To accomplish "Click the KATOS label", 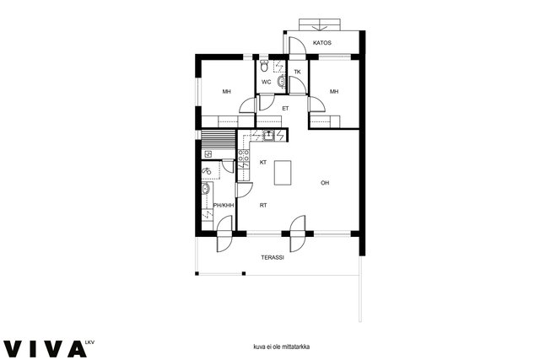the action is point(322,43).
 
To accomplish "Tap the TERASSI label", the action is point(273,257).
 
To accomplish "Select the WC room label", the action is point(267,83).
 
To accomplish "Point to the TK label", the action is point(297,72).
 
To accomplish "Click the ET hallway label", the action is point(285,109).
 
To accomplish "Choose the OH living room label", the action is point(325,183).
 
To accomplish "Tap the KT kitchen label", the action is point(263,163).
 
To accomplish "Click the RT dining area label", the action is point(263,206).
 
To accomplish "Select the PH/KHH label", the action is point(224,206).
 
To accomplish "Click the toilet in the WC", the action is point(264,66).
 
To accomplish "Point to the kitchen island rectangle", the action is point(283,173).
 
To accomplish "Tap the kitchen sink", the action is point(268,135).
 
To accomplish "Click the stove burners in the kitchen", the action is point(244,155).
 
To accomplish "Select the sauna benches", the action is point(218,139).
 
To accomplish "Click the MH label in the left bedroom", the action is point(226,92).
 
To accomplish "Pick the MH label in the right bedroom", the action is point(334,92).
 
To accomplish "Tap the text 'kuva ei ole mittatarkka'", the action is point(281,347).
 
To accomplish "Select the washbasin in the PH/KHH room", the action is point(206,189).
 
